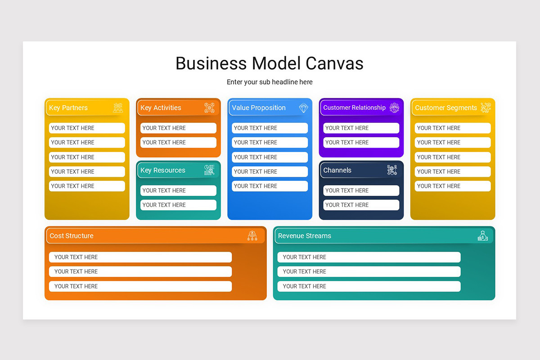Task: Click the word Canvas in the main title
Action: pyautogui.click(x=334, y=63)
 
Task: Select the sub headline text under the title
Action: pyautogui.click(x=270, y=82)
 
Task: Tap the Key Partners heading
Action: pyautogui.click(x=68, y=108)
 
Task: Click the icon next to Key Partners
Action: pyautogui.click(x=118, y=108)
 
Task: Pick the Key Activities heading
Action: pyautogui.click(x=161, y=108)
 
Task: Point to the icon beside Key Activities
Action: pyautogui.click(x=209, y=108)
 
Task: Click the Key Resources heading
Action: pyautogui.click(x=163, y=170)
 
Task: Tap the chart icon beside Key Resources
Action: pyautogui.click(x=209, y=170)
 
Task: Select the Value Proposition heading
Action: pyautogui.click(x=259, y=108)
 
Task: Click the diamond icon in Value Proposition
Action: pyautogui.click(x=304, y=108)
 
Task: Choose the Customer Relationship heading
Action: pyautogui.click(x=354, y=108)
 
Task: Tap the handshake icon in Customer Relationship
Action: pyautogui.click(x=394, y=108)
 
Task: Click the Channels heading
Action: pyautogui.click(x=337, y=170)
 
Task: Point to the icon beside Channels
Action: pyautogui.click(x=392, y=170)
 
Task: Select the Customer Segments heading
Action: pyautogui.click(x=446, y=108)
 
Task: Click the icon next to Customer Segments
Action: pyautogui.click(x=486, y=108)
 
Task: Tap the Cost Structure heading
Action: pyautogui.click(x=72, y=236)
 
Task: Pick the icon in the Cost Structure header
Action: pyautogui.click(x=252, y=236)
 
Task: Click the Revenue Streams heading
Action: pyautogui.click(x=305, y=236)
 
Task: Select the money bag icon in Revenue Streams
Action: pyautogui.click(x=482, y=236)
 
